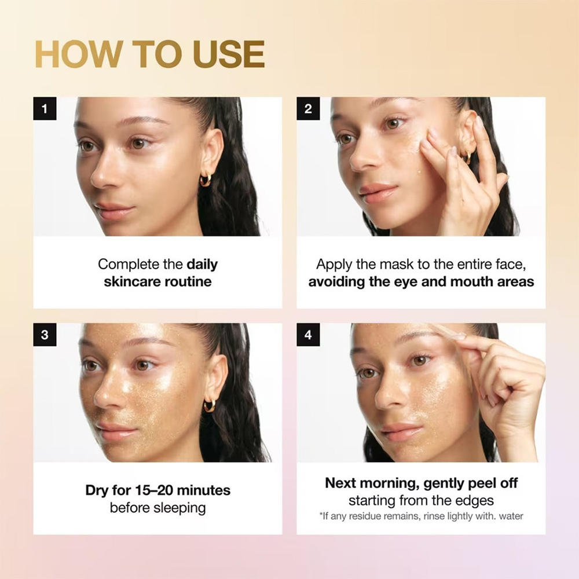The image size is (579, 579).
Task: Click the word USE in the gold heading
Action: coord(229,54)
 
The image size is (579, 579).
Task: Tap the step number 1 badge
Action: coord(45,109)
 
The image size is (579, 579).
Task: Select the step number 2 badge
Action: coord(308,109)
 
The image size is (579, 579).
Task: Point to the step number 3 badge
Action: coord(45,335)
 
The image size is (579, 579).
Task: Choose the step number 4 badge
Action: coord(308,335)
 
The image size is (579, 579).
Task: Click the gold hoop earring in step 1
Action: coord(206,179)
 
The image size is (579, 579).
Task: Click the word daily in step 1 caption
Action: coord(202,265)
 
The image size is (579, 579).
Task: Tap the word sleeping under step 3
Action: coord(179,508)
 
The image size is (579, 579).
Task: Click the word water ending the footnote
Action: coord(511,516)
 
